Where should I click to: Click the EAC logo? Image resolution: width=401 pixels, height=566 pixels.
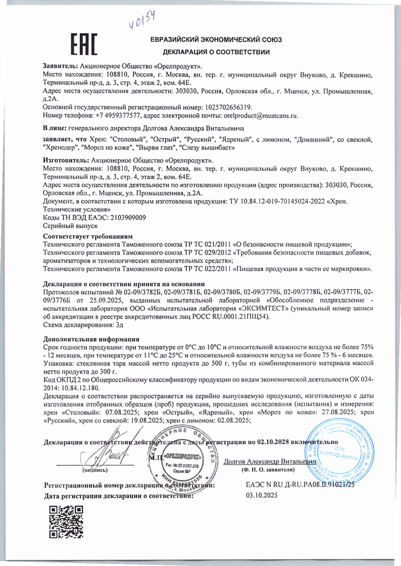84,44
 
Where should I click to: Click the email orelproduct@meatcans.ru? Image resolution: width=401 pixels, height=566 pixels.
261,116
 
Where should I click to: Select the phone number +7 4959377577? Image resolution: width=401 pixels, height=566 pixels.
118,116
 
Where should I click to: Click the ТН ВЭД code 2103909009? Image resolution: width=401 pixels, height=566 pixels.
129,217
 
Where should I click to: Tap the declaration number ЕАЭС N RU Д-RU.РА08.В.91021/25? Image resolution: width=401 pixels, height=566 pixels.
300,485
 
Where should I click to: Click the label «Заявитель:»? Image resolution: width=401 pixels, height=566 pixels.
60,66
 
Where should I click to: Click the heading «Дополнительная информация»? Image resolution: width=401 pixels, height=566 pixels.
91,339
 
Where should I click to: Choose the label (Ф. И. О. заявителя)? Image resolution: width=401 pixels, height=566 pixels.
268,470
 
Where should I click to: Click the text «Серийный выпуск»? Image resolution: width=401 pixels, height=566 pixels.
70,226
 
